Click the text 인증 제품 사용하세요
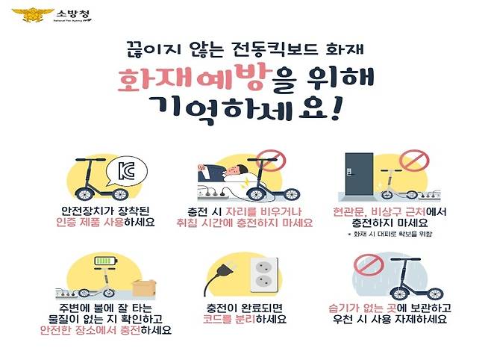(x=107, y=223)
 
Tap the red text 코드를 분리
(x=232, y=319)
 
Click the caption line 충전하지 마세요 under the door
(x=391, y=223)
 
